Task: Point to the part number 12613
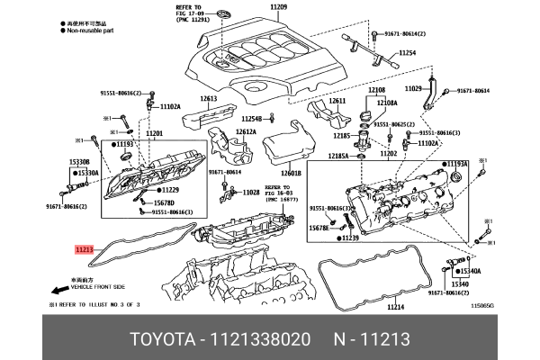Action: (209, 97)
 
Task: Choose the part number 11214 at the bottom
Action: (396, 308)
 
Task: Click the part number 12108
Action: (376, 90)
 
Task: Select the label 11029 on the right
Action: (413, 88)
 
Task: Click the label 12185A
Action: (338, 155)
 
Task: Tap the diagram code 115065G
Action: (483, 307)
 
